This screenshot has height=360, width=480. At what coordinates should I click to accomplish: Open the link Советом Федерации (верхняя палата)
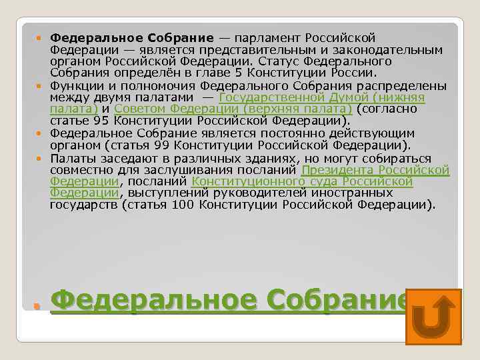pos(233,109)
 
